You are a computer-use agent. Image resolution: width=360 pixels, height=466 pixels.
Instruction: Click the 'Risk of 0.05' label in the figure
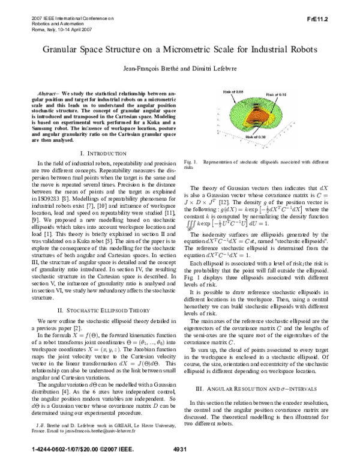coord(233,91)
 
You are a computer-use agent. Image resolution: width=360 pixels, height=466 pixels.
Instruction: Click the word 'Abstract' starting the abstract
coord(49,95)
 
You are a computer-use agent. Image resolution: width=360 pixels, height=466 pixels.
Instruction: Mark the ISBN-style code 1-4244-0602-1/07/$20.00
coord(52,449)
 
